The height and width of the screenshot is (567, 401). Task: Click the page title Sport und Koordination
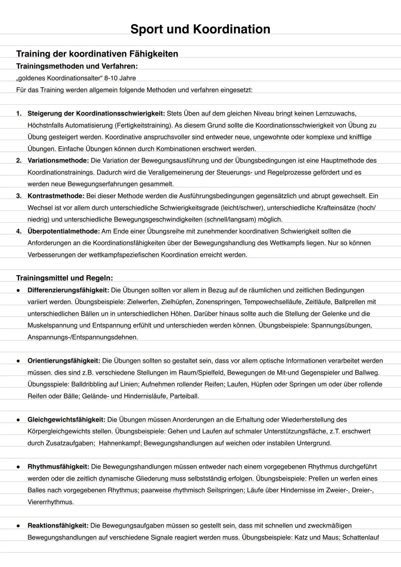pyautogui.click(x=200, y=29)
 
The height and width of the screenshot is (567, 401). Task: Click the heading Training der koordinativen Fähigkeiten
pyautogui.click(x=97, y=54)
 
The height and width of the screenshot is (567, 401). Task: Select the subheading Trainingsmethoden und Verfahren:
pyautogui.click(x=77, y=66)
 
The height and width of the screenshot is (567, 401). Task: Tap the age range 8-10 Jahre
pyautogui.click(x=120, y=78)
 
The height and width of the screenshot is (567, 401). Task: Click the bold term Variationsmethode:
pyautogui.click(x=58, y=160)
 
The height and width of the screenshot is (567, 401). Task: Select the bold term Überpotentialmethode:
pyautogui.click(x=63, y=231)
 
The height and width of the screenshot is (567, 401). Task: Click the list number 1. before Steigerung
pyautogui.click(x=19, y=113)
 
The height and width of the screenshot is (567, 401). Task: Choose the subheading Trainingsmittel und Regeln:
pyautogui.click(x=64, y=278)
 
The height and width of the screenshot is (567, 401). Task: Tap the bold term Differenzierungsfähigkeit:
pyautogui.click(x=68, y=290)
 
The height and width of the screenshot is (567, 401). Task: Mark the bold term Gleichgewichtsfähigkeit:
pyautogui.click(x=66, y=420)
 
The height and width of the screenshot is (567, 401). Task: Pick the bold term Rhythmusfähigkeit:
pyautogui.click(x=58, y=467)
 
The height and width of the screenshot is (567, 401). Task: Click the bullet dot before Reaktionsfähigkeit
pyautogui.click(x=18, y=526)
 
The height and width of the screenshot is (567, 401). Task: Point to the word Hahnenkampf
pyautogui.click(x=120, y=443)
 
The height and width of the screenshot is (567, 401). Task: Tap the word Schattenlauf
pyautogui.click(x=360, y=537)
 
